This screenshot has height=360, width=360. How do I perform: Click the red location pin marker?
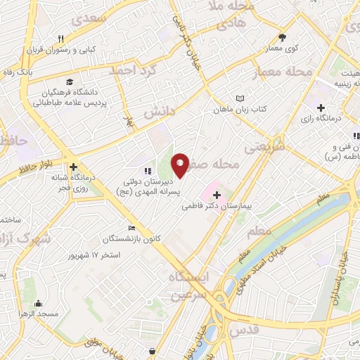pyautogui.click(x=180, y=164)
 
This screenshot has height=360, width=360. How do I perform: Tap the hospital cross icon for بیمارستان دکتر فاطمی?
pyautogui.click(x=216, y=195)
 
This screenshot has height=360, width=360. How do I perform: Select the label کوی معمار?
pyautogui.click(x=283, y=49)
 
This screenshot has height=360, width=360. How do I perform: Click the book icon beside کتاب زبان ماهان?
pyautogui.click(x=241, y=98)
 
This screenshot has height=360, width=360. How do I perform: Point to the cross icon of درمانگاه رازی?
pyautogui.click(x=321, y=108)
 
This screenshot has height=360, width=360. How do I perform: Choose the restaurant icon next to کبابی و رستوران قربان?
pyautogui.click(x=61, y=39)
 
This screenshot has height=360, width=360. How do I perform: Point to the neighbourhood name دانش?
pyautogui.click(x=159, y=112)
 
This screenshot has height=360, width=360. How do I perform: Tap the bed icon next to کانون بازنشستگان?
pyautogui.click(x=131, y=228)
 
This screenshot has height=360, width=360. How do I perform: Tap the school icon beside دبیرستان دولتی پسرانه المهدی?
pyautogui.click(x=147, y=170)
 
